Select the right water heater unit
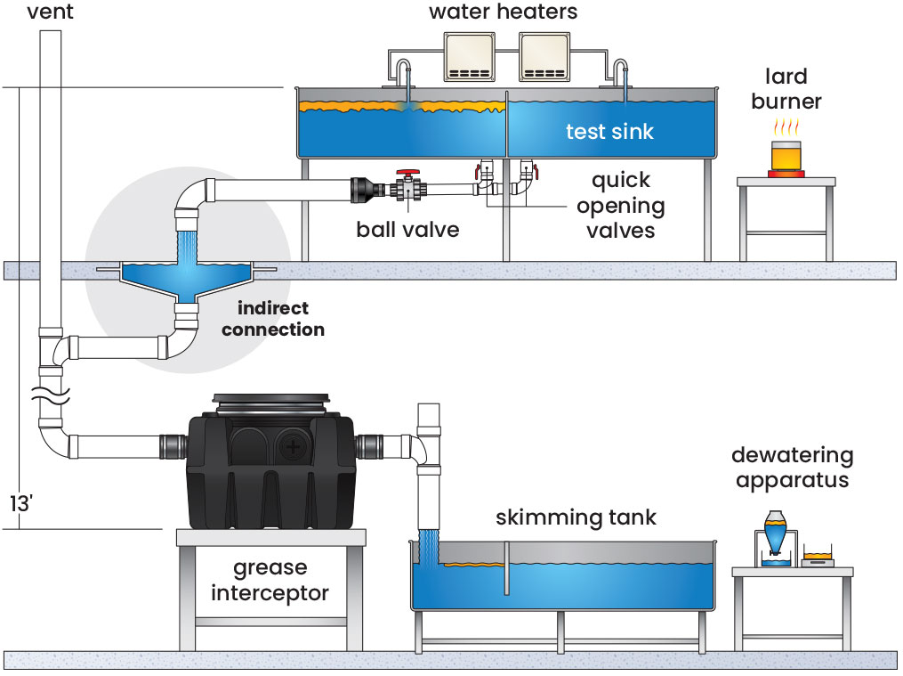pos(544,58)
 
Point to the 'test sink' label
pos(609,132)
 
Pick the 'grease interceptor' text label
pos(270,580)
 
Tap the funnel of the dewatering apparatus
pos(773,532)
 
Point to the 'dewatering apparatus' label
pos(792,468)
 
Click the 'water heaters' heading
pos(504,12)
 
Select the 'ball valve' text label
pos(407,230)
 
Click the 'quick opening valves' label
pos(620,205)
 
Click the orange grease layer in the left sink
pos(400,108)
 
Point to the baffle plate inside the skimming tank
pos(504,569)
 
